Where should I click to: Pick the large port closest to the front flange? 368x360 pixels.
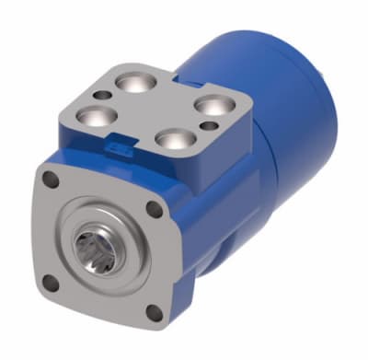click(170, 140)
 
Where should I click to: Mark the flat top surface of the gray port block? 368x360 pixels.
click(156, 110)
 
